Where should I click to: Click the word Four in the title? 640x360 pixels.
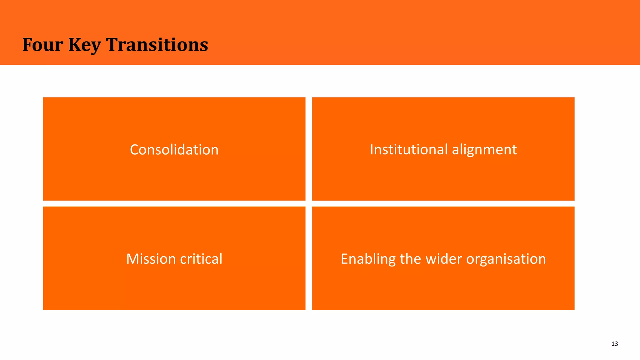(x=42, y=45)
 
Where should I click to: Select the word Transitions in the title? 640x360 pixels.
(x=157, y=45)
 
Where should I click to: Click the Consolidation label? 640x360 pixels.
(x=174, y=150)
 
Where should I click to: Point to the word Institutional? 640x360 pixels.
(x=409, y=149)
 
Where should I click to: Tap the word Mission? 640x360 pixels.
(x=151, y=259)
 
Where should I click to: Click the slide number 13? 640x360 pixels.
(x=614, y=344)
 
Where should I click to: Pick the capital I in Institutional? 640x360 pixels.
(x=372, y=149)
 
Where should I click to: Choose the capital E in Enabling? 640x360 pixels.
(x=344, y=259)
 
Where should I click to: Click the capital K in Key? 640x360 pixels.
(x=75, y=45)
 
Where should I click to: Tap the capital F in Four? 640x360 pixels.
(x=27, y=45)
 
